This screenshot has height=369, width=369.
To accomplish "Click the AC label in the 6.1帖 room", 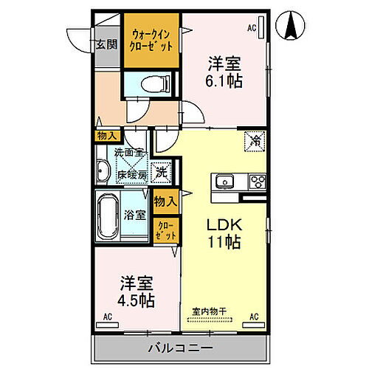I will [251, 27].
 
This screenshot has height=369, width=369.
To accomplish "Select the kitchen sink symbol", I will [224, 182].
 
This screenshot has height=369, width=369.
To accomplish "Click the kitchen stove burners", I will [258, 182].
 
